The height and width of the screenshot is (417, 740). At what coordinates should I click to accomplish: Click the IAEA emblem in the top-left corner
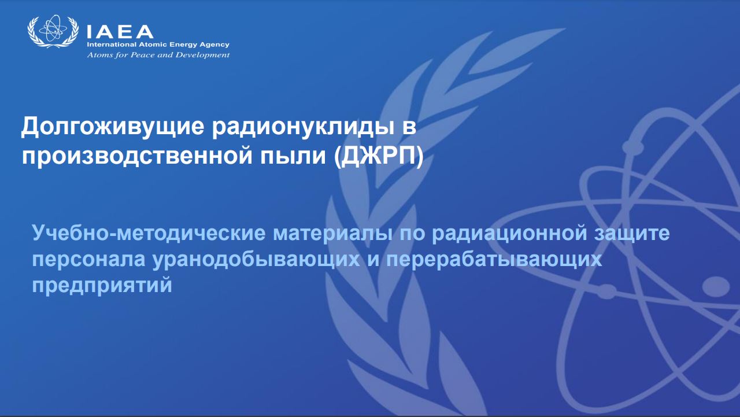(x=53, y=31)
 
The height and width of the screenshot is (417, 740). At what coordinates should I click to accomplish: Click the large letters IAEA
(x=120, y=32)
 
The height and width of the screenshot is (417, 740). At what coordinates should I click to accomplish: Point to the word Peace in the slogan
(x=143, y=55)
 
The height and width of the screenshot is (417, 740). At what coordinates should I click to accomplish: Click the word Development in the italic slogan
(x=202, y=55)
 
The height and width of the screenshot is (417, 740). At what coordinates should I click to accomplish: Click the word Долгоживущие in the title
(x=113, y=127)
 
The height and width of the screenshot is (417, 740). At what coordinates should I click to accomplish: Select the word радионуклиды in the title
(x=303, y=127)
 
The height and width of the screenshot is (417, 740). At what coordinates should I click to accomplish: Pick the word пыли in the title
(x=293, y=156)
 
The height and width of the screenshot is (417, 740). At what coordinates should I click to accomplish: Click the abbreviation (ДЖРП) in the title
(x=379, y=156)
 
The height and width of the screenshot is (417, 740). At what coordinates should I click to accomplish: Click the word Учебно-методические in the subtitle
(x=149, y=233)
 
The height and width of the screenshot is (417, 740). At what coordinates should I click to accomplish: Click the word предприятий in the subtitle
(x=102, y=286)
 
